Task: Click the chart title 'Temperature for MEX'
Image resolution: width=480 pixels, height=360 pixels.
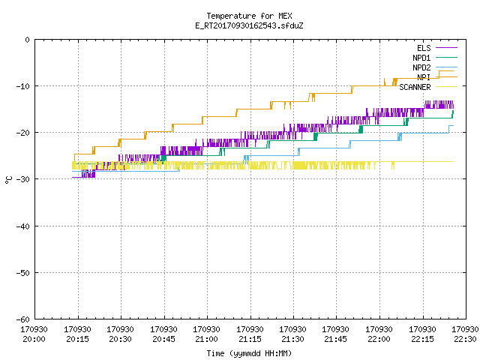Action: click(249, 16)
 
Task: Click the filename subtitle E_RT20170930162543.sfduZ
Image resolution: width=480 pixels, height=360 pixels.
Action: click(249, 25)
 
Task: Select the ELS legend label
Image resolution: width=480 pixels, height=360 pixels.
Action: click(424, 48)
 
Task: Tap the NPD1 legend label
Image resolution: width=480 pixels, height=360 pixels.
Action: click(421, 58)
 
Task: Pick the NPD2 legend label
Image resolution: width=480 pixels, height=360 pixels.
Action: click(421, 67)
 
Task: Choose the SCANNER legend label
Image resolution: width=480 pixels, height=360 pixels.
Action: click(415, 87)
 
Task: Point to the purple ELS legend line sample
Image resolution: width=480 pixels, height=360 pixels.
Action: click(447, 48)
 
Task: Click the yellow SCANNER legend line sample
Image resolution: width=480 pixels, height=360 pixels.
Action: click(447, 87)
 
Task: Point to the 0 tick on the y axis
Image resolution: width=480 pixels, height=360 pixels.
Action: click(28, 40)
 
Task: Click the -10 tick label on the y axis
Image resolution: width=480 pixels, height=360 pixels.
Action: click(23, 86)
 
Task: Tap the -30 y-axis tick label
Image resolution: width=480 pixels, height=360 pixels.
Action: click(23, 179)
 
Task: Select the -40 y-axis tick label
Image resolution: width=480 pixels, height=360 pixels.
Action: click(23, 226)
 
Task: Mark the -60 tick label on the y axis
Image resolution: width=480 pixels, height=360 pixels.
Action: click(23, 319)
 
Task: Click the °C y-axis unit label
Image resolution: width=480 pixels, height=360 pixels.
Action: click(8, 180)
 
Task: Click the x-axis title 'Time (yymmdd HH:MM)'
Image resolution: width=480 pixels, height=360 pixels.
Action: click(249, 353)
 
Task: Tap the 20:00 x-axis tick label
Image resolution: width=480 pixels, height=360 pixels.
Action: click(34, 339)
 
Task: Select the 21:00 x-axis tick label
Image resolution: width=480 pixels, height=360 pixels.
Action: click(206, 339)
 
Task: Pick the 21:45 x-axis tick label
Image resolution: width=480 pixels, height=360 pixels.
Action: click(335, 339)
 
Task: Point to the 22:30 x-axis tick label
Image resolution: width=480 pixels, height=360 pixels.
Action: click(465, 339)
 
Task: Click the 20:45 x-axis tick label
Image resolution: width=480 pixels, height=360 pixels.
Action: click(163, 339)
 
